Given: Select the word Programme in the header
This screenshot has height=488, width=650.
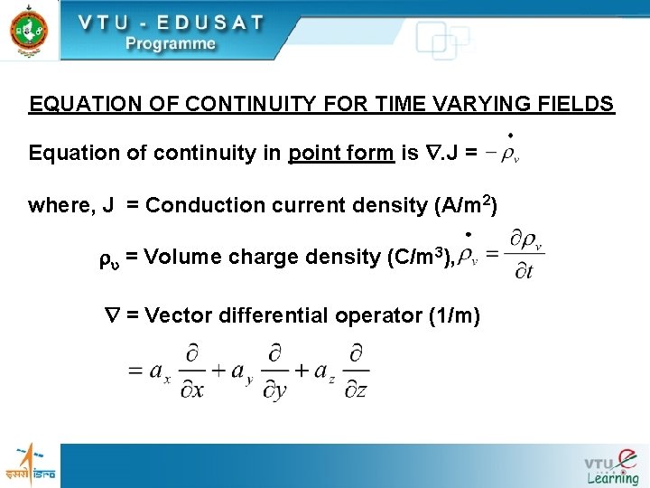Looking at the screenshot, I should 170,43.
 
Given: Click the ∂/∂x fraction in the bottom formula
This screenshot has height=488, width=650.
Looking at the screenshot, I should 192,371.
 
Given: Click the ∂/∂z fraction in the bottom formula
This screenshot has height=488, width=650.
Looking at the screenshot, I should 357,371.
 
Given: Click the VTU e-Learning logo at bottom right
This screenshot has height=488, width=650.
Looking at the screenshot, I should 611,465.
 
